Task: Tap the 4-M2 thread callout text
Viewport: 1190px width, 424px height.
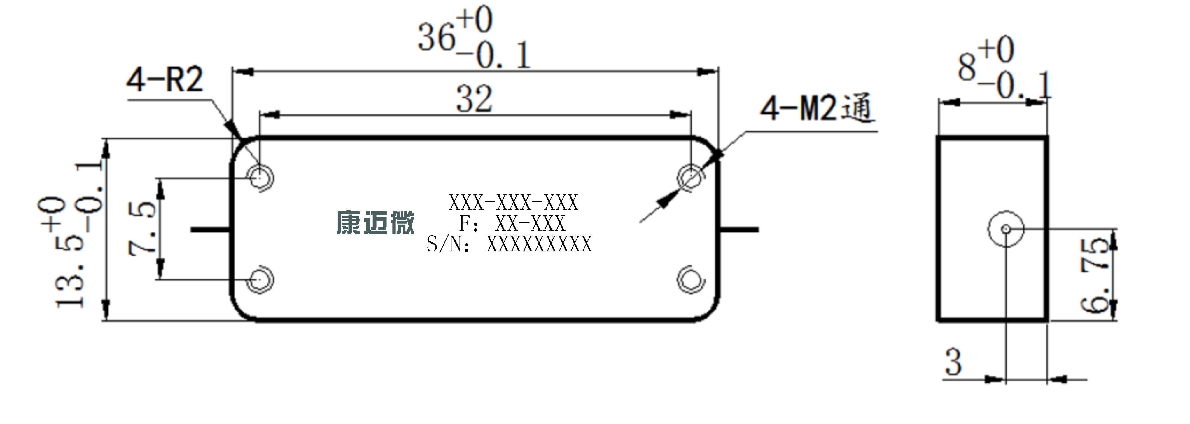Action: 818,108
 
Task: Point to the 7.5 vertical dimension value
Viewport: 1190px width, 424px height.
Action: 142,228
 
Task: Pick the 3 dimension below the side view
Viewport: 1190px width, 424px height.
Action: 953,362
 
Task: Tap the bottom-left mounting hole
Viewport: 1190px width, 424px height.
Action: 260,280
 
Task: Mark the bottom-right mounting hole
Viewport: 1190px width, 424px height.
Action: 691,280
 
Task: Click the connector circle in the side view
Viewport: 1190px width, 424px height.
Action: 1006,229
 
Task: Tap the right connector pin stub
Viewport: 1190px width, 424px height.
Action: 739,229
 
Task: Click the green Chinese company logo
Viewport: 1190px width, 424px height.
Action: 375,223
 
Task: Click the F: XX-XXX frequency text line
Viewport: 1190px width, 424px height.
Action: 512,224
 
